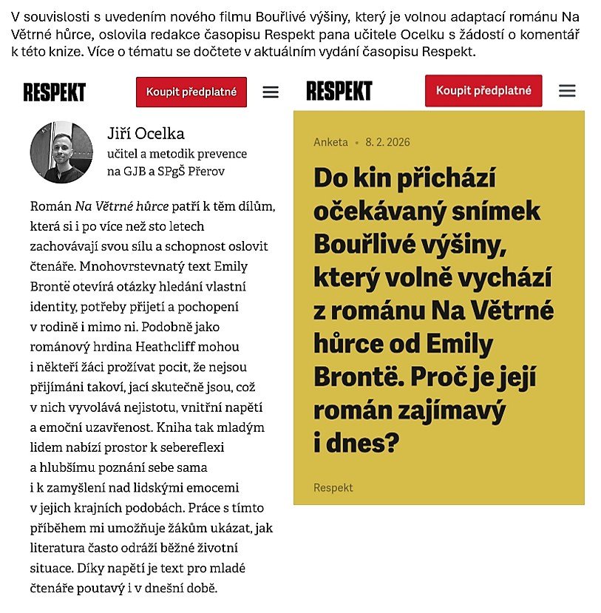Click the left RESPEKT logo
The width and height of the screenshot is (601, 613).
coord(55,92)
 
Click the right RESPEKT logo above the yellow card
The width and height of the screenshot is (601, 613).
coord(339,91)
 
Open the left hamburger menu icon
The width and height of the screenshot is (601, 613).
coord(271,92)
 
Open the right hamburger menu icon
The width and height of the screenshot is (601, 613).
coord(567,91)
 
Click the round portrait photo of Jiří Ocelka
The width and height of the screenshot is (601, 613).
coord(61,152)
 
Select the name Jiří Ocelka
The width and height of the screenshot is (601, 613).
coord(146,134)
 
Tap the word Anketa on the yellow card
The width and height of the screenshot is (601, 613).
coord(330,142)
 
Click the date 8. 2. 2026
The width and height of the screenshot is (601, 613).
coord(387,142)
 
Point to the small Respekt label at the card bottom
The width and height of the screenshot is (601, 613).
coord(333,487)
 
